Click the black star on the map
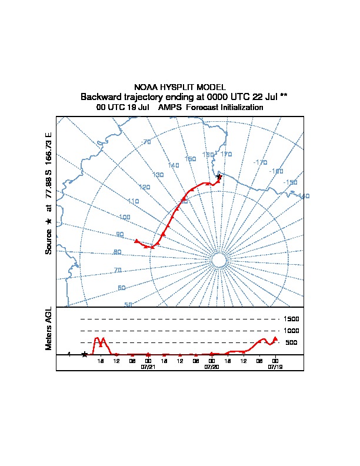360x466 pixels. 219,177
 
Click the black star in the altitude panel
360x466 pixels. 85,354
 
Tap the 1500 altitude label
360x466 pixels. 291,319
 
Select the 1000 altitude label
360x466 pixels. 291,331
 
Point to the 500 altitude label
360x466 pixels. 291,342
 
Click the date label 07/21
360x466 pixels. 148,367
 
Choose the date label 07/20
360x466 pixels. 211,367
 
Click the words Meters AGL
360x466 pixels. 49,328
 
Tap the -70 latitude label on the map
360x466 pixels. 146,142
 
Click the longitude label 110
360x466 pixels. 134,201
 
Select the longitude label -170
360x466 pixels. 260,162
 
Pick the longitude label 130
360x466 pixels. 158,175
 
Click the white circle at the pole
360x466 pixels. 218,261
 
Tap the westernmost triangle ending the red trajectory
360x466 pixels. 136,241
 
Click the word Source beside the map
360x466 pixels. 49,241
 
